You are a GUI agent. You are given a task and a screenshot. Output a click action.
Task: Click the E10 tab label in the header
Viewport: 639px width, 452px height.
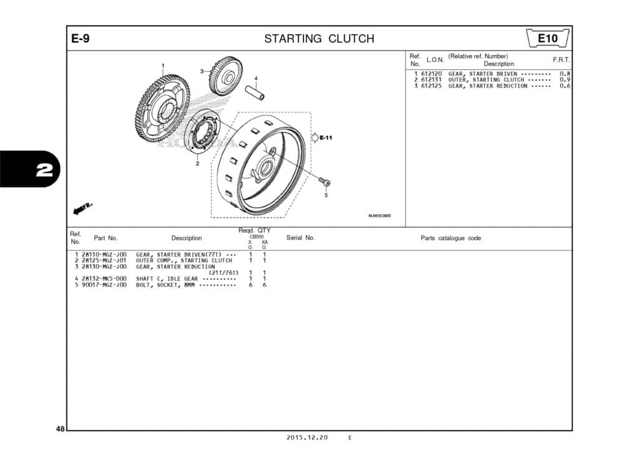coord(547,38)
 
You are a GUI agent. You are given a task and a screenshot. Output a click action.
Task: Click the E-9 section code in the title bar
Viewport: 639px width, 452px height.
coord(80,38)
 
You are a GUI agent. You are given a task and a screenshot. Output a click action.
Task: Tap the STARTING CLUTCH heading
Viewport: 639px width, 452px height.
coord(319,39)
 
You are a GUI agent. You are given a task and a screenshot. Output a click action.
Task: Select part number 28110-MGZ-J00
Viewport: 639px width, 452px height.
coord(104,254)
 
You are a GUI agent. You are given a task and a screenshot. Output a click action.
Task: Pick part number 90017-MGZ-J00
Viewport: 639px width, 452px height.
coord(104,285)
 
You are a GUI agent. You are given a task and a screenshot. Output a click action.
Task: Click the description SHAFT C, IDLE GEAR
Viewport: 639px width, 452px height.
coord(167,279)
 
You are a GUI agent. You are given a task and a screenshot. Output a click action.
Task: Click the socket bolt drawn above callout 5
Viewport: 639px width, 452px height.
coord(324,182)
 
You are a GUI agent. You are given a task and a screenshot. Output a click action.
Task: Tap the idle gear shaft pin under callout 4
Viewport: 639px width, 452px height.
coord(255,92)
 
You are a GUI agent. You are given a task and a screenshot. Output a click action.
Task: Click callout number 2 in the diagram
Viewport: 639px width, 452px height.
coord(197,164)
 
